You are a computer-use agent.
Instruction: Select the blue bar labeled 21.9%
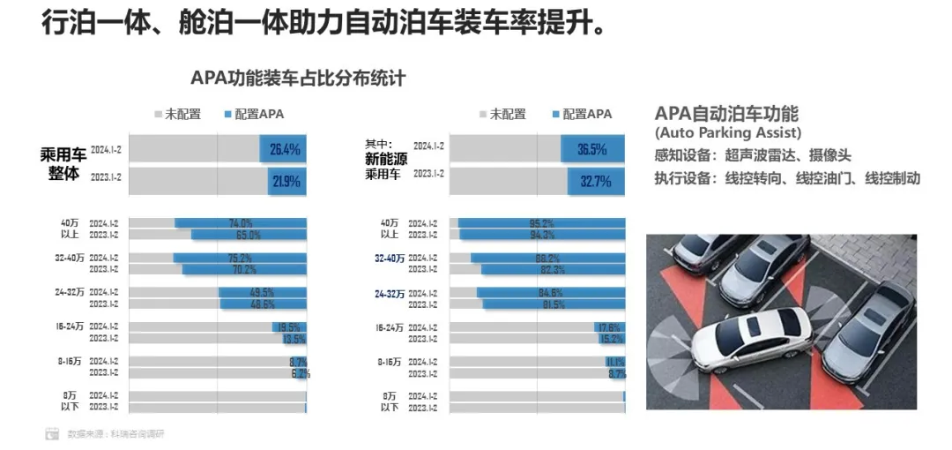287,183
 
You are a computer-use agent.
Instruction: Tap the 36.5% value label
591,149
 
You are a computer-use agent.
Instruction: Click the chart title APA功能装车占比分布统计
298,78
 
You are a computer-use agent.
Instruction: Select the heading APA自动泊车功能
726,114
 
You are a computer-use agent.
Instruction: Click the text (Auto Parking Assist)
727,133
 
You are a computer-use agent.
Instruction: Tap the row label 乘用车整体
63,164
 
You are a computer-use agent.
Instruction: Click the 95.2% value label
540,223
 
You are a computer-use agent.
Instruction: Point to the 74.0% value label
241,223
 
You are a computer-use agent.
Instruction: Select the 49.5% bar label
262,292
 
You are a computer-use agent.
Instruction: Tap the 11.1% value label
614,362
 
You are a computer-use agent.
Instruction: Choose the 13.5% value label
294,339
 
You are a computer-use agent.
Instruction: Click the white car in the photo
757,339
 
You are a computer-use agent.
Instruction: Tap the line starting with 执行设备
787,178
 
